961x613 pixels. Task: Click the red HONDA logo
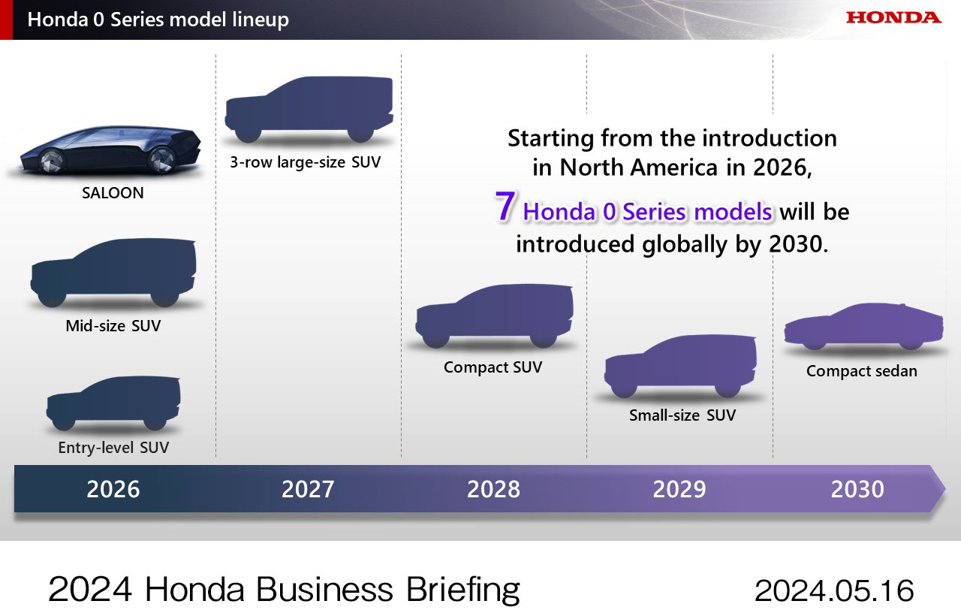click(893, 17)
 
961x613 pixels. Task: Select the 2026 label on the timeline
click(113, 489)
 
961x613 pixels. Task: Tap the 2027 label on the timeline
click(308, 489)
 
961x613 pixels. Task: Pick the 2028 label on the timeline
click(493, 489)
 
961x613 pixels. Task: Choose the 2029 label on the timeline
click(679, 489)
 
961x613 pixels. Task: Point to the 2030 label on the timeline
click(857, 489)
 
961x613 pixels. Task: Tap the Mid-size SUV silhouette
click(113, 272)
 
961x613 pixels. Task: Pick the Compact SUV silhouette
click(494, 314)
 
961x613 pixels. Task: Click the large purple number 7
click(505, 208)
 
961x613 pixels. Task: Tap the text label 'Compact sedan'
click(861, 371)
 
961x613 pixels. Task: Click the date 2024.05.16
click(834, 590)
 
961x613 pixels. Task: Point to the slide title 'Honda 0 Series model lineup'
click(158, 20)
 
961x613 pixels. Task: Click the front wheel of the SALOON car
click(51, 159)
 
